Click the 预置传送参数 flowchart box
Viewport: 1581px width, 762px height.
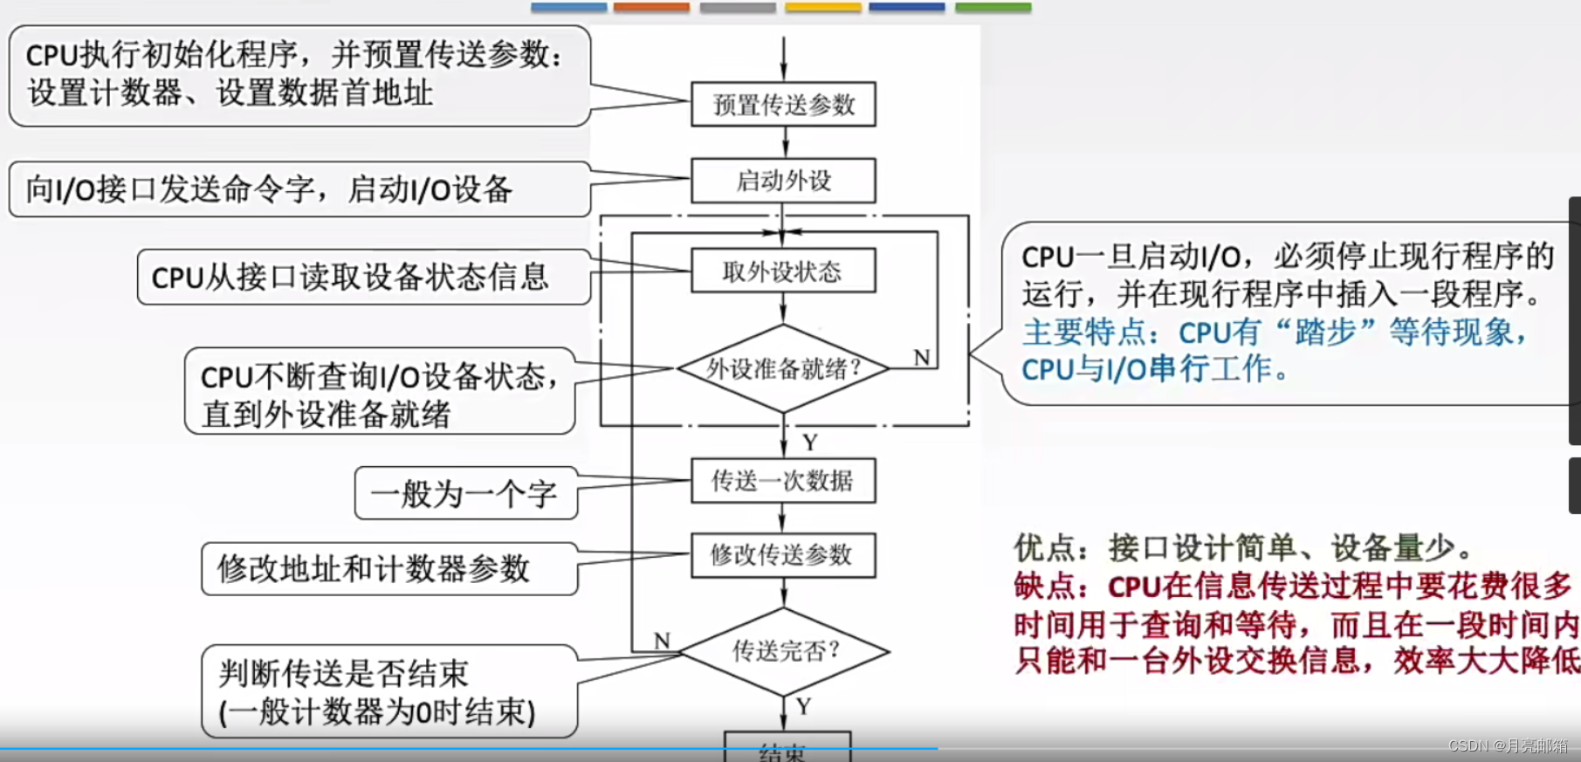783,105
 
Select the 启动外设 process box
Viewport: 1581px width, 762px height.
783,181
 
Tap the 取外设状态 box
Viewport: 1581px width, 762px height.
783,271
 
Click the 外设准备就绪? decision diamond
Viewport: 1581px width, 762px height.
783,368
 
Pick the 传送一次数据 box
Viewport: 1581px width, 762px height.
783,480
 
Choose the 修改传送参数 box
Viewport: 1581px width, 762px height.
783,554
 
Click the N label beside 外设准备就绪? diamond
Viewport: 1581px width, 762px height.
922,357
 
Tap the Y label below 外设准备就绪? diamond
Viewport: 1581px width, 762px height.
810,443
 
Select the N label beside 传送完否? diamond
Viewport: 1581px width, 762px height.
663,641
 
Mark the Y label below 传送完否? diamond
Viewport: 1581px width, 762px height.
803,706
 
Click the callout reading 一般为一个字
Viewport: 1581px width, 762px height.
464,494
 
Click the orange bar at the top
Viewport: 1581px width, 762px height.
651,7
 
